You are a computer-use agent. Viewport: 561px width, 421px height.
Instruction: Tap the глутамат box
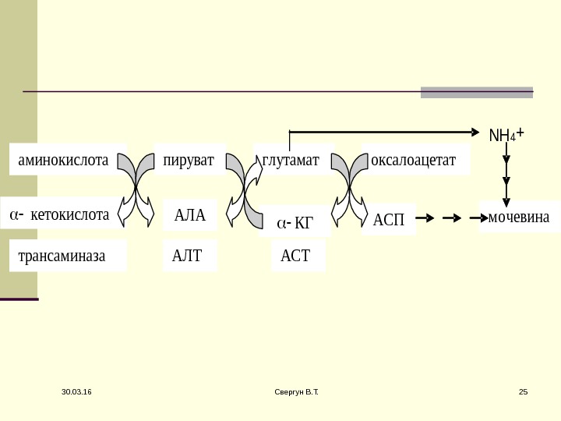[291, 161]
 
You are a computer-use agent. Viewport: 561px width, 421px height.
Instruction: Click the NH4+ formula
[506, 135]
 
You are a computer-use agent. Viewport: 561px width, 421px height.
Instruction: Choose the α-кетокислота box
[60, 214]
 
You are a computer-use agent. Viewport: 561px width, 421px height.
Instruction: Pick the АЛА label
[190, 216]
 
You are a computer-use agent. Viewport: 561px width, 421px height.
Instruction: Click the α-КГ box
[295, 224]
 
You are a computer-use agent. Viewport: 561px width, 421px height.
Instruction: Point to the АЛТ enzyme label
[187, 254]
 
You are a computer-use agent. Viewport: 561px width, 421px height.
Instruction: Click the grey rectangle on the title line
[476, 92]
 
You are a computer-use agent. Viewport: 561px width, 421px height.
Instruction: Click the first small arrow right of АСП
[433, 219]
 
